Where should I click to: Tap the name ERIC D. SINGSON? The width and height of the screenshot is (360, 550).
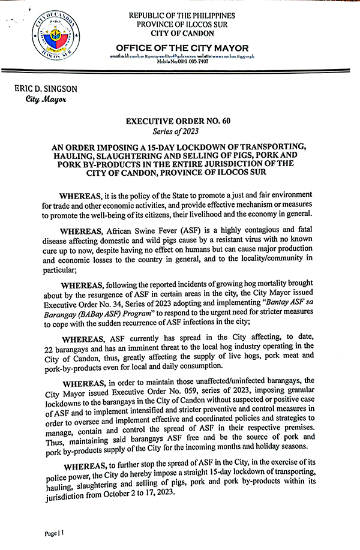[x=46, y=89]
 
